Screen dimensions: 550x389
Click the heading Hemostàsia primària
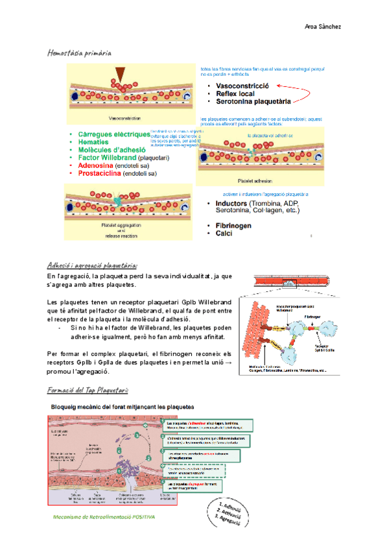pyautogui.click(x=79, y=51)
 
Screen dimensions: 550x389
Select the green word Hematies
pyautogui.click(x=93, y=142)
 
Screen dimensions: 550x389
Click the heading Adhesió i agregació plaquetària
pyautogui.click(x=93, y=265)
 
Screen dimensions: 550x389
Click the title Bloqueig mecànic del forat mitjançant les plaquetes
pyautogui.click(x=127, y=406)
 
